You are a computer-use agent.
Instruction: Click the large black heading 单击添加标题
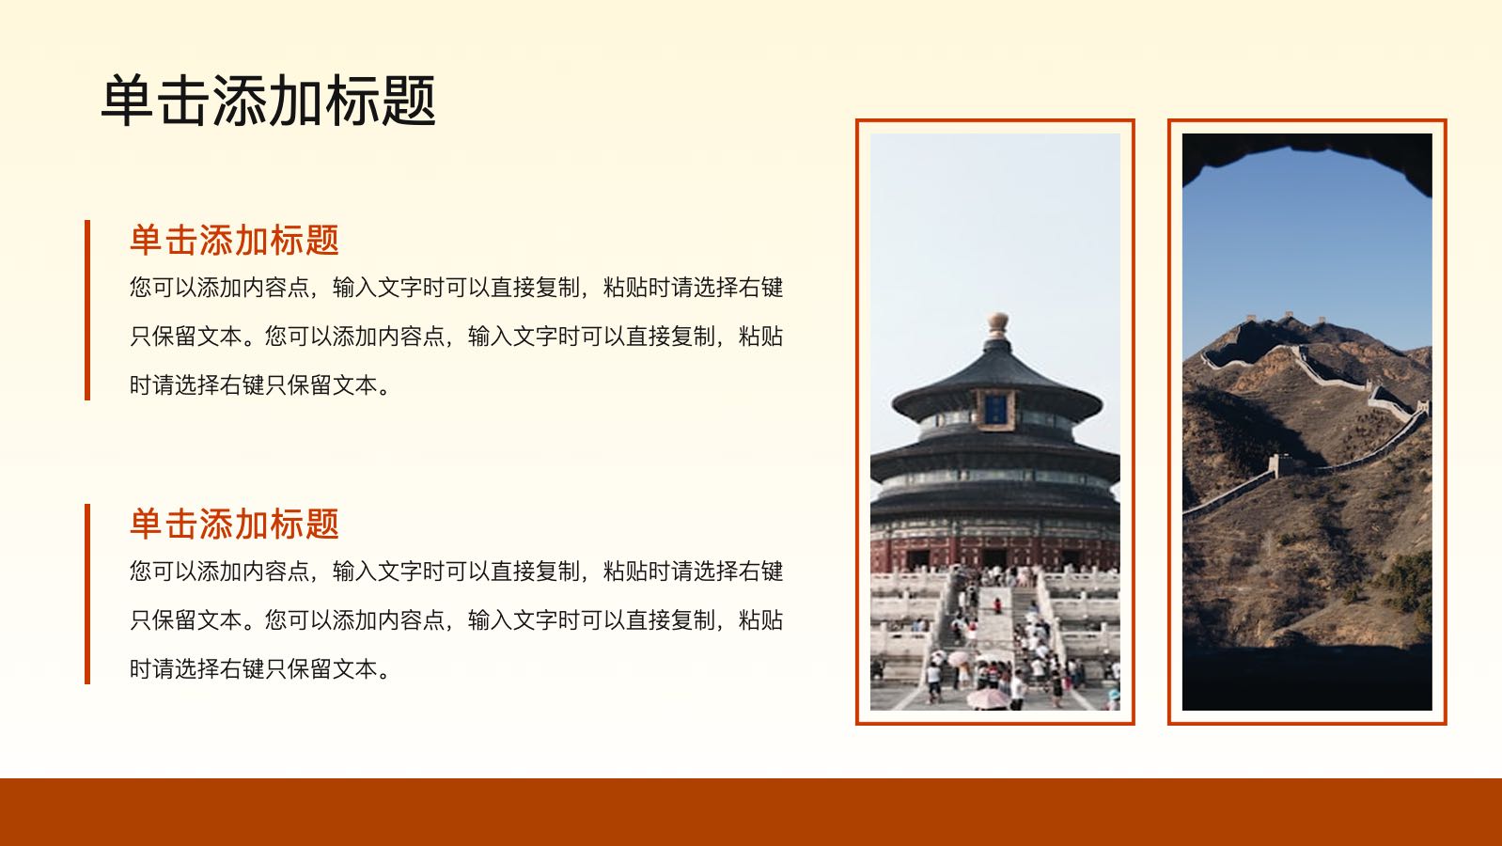click(268, 101)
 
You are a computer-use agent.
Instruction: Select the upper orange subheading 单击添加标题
click(234, 240)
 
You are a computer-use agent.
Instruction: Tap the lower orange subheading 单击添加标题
click(234, 524)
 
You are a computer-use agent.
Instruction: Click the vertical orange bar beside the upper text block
click(87, 309)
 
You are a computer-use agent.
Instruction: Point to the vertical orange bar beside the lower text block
click(87, 594)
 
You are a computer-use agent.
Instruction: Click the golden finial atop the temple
click(998, 325)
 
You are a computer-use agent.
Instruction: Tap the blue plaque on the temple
click(995, 409)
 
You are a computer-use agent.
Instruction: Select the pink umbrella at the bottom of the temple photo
click(987, 697)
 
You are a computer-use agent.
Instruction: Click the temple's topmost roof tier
click(996, 385)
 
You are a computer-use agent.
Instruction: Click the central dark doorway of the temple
click(994, 557)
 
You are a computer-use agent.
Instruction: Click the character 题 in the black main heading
click(409, 101)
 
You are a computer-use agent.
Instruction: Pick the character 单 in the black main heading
click(128, 101)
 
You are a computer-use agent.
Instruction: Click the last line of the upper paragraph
click(259, 385)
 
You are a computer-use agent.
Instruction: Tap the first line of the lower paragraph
click(456, 572)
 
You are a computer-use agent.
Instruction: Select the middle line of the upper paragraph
click(456, 337)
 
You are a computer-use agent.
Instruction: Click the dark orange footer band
click(751, 812)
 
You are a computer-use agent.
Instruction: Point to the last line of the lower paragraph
click(259, 669)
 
